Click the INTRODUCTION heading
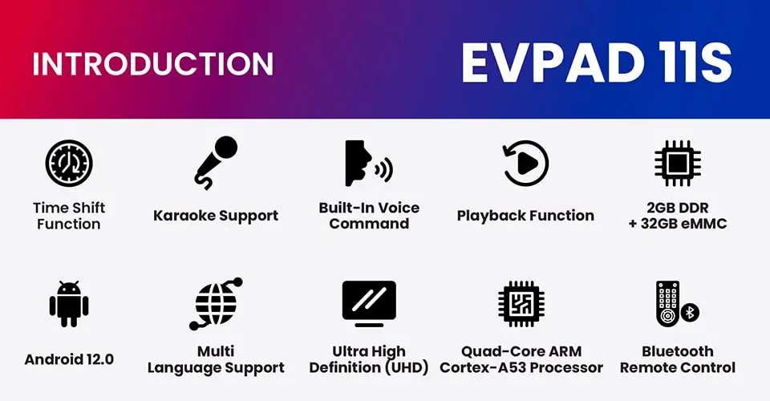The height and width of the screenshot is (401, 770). [x=152, y=64]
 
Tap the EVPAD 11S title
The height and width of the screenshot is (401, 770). [x=597, y=63]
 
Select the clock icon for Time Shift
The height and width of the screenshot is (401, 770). [x=69, y=163]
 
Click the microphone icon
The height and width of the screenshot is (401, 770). [x=216, y=163]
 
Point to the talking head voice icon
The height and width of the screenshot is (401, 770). [x=369, y=163]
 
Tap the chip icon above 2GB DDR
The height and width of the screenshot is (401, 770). [x=678, y=164]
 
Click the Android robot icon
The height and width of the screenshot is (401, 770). [x=69, y=304]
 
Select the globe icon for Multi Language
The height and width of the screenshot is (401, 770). [x=216, y=304]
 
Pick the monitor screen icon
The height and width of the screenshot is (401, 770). [x=369, y=304]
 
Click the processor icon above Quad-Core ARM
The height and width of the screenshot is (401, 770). [x=521, y=304]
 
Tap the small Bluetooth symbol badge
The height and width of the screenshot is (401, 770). [x=690, y=312]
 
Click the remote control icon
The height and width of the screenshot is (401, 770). [x=667, y=304]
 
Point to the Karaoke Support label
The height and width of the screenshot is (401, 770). [x=216, y=216]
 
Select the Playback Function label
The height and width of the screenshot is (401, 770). [x=525, y=216]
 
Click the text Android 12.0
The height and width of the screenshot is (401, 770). [x=69, y=359]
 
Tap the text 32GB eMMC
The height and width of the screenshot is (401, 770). [x=683, y=224]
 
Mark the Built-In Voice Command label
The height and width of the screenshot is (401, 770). [x=369, y=216]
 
